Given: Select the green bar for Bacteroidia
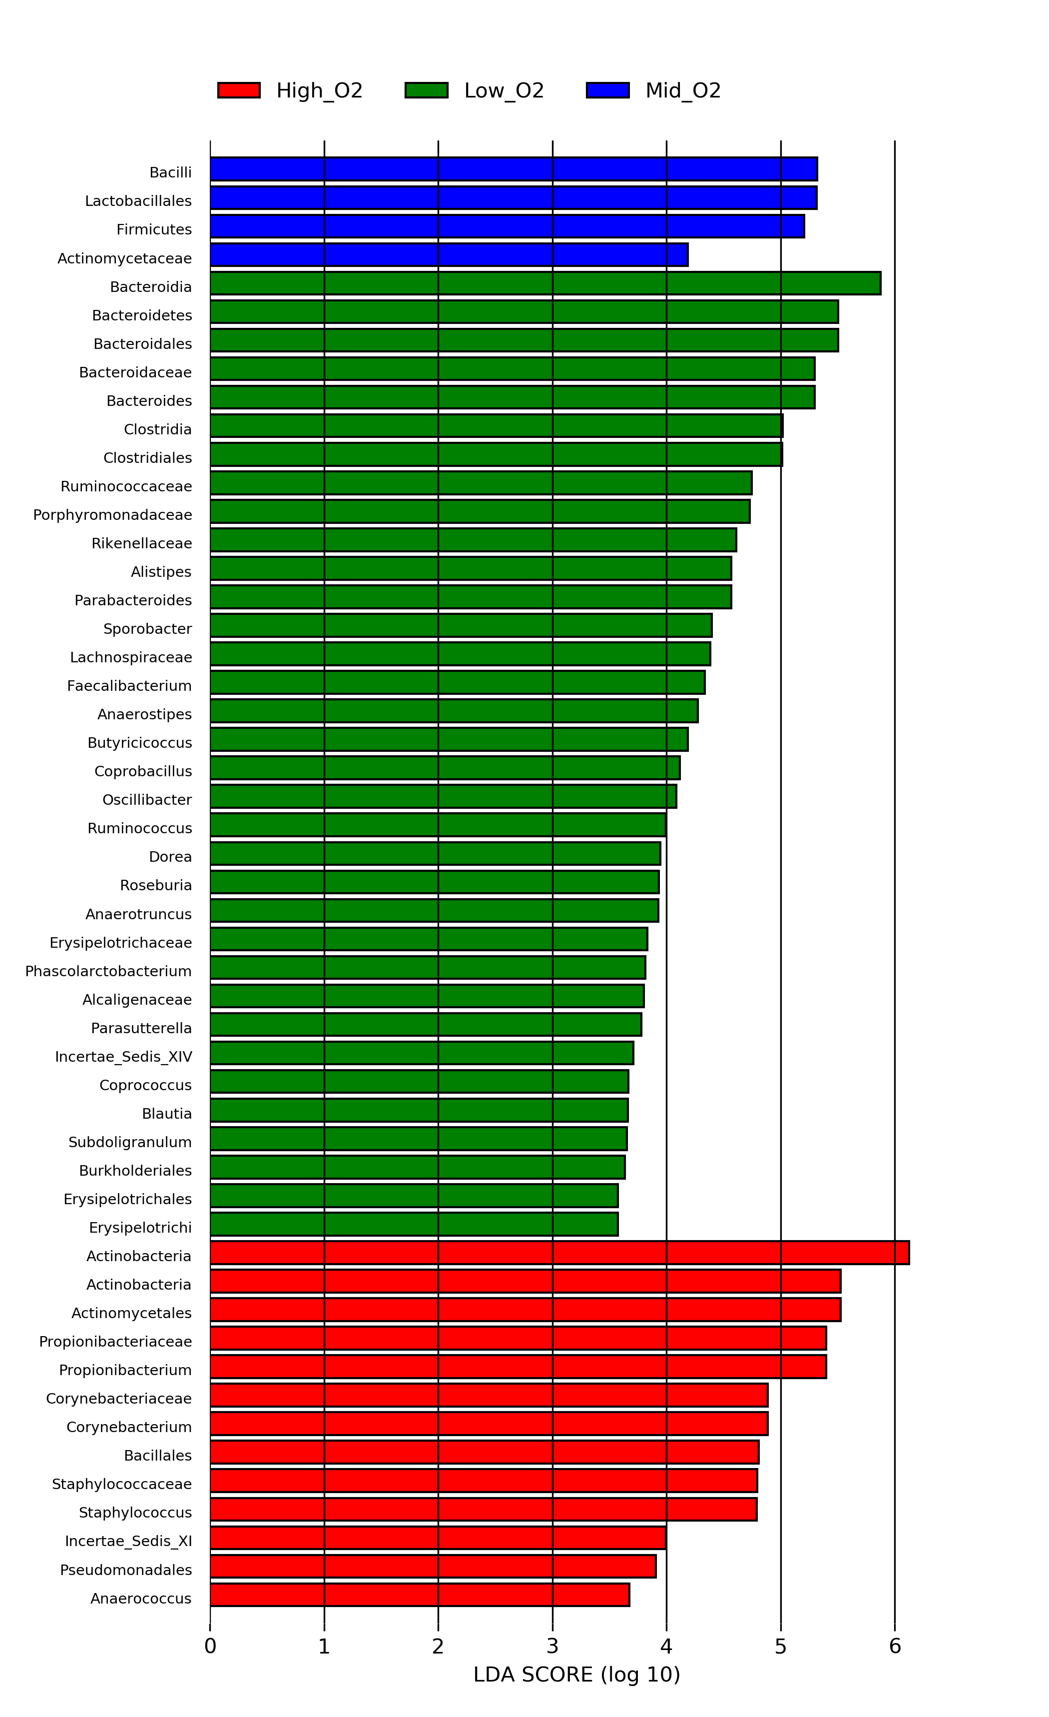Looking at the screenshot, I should click(545, 283).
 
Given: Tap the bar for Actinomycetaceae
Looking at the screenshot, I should click(449, 254).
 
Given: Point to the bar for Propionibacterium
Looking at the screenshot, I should click(518, 1367).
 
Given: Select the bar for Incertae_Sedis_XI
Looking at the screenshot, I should click(438, 1537).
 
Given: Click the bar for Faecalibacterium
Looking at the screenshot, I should click(457, 682).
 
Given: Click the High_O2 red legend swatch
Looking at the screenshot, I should click(239, 90).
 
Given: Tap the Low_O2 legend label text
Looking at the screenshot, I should click(504, 90).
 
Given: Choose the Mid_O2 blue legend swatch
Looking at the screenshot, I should click(607, 90).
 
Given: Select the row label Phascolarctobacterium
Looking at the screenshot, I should click(109, 971).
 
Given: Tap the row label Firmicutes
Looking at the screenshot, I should click(154, 229).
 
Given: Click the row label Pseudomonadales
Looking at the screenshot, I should click(125, 1570).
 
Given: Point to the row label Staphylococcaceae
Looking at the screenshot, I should click(122, 1484).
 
